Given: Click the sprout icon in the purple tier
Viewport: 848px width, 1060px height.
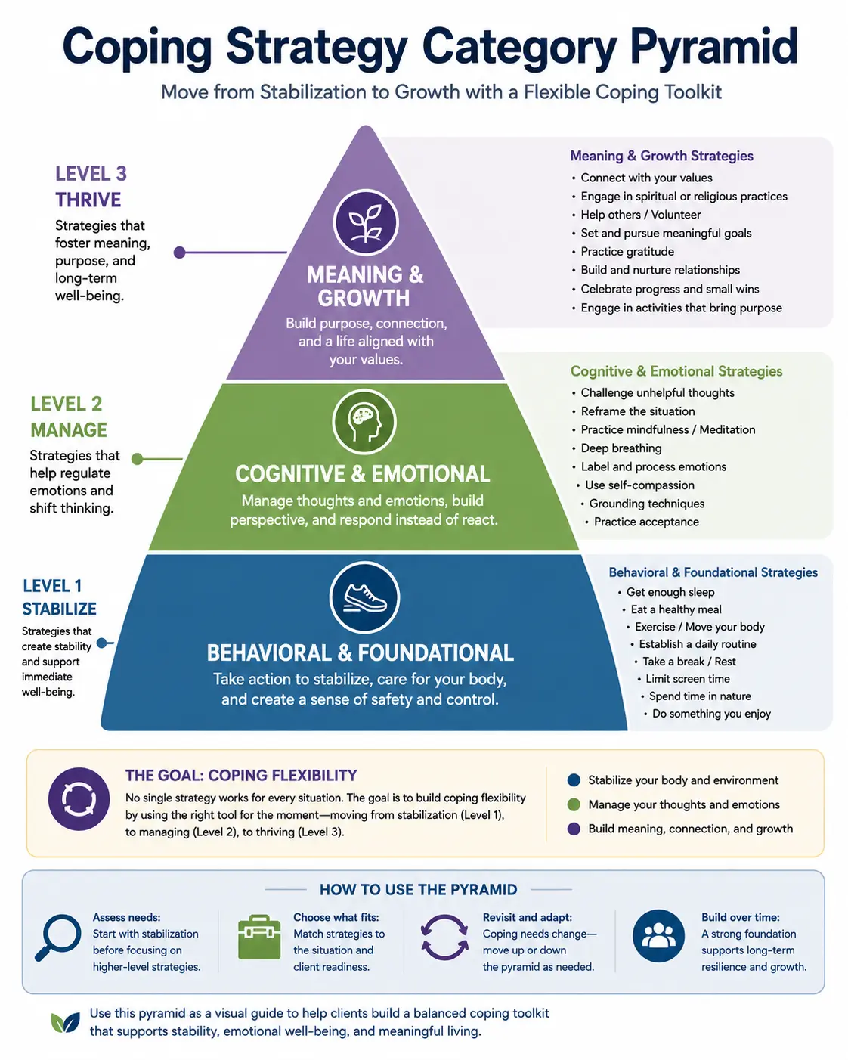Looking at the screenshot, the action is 365,222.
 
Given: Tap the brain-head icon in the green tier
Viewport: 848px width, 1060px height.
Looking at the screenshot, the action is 364,422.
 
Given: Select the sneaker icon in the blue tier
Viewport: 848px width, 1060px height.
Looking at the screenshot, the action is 364,597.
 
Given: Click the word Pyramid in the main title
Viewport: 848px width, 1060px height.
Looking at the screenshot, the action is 713,48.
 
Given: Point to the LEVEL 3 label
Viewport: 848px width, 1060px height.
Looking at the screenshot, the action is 91,174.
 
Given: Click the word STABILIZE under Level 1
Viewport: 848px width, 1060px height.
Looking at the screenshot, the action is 59,609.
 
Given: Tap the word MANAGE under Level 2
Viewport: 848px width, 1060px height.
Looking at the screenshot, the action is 69,430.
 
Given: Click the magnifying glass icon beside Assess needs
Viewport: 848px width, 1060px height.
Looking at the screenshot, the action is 57,938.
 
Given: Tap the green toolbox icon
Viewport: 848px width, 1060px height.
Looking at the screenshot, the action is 259,938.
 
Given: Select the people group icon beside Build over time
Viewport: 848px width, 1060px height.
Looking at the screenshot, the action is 658,936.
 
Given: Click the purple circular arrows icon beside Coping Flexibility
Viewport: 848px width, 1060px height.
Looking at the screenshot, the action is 79,799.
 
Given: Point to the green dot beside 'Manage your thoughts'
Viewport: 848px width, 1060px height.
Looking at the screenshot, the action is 574,805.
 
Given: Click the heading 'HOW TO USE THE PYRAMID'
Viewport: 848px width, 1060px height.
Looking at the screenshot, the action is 419,890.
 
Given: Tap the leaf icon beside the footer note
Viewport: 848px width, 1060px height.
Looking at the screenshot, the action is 66,1022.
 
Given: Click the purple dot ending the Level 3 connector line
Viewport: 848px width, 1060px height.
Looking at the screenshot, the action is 180,253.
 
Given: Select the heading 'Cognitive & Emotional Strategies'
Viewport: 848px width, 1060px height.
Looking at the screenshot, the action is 676,371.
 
